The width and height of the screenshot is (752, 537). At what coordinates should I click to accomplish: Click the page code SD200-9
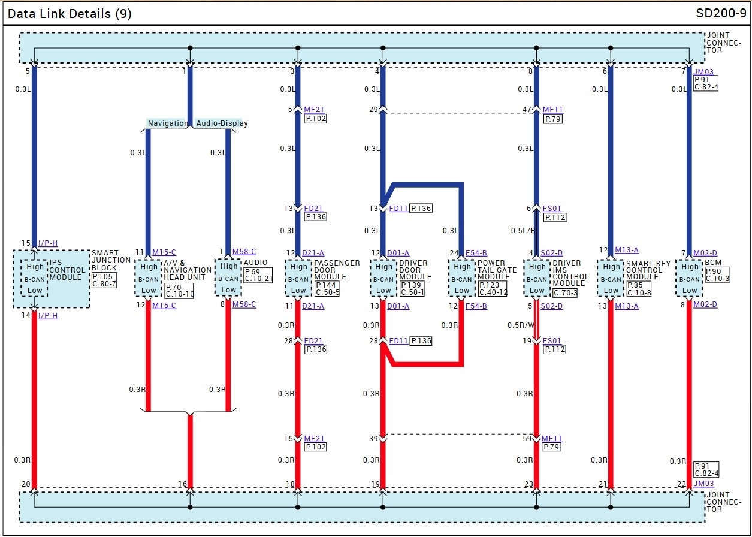point(721,13)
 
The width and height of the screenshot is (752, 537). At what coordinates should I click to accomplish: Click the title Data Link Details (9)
point(70,13)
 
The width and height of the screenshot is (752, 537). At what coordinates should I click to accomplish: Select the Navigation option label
point(167,123)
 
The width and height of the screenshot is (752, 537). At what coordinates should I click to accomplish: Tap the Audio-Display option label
point(222,123)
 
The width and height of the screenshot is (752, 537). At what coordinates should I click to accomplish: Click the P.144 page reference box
point(326,285)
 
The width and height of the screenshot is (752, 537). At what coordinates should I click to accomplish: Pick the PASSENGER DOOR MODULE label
point(337,270)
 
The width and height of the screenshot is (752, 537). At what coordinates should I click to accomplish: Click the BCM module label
point(713,263)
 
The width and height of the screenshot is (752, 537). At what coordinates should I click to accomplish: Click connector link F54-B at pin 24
point(476,252)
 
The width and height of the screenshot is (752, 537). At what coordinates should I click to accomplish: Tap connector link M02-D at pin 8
point(705,304)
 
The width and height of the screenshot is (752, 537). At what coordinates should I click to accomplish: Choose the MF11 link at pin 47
point(552,110)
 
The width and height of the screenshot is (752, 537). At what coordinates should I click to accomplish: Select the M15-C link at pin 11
point(164,252)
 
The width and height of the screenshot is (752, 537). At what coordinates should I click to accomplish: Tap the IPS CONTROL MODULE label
point(67,270)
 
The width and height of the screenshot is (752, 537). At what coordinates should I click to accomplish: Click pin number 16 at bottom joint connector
point(183,484)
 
